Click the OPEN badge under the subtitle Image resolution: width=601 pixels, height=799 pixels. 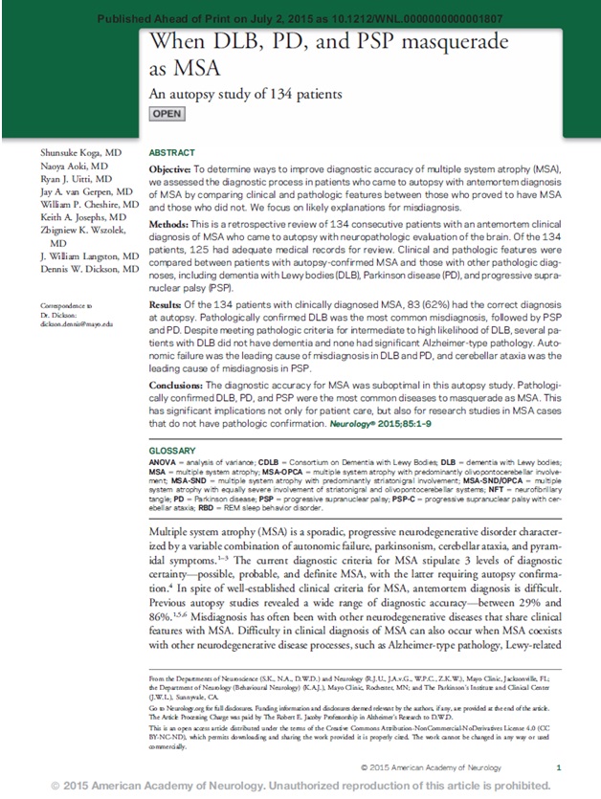(x=167, y=115)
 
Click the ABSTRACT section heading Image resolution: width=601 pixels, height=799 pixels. (x=172, y=153)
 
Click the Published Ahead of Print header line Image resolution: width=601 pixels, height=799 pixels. (x=300, y=17)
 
